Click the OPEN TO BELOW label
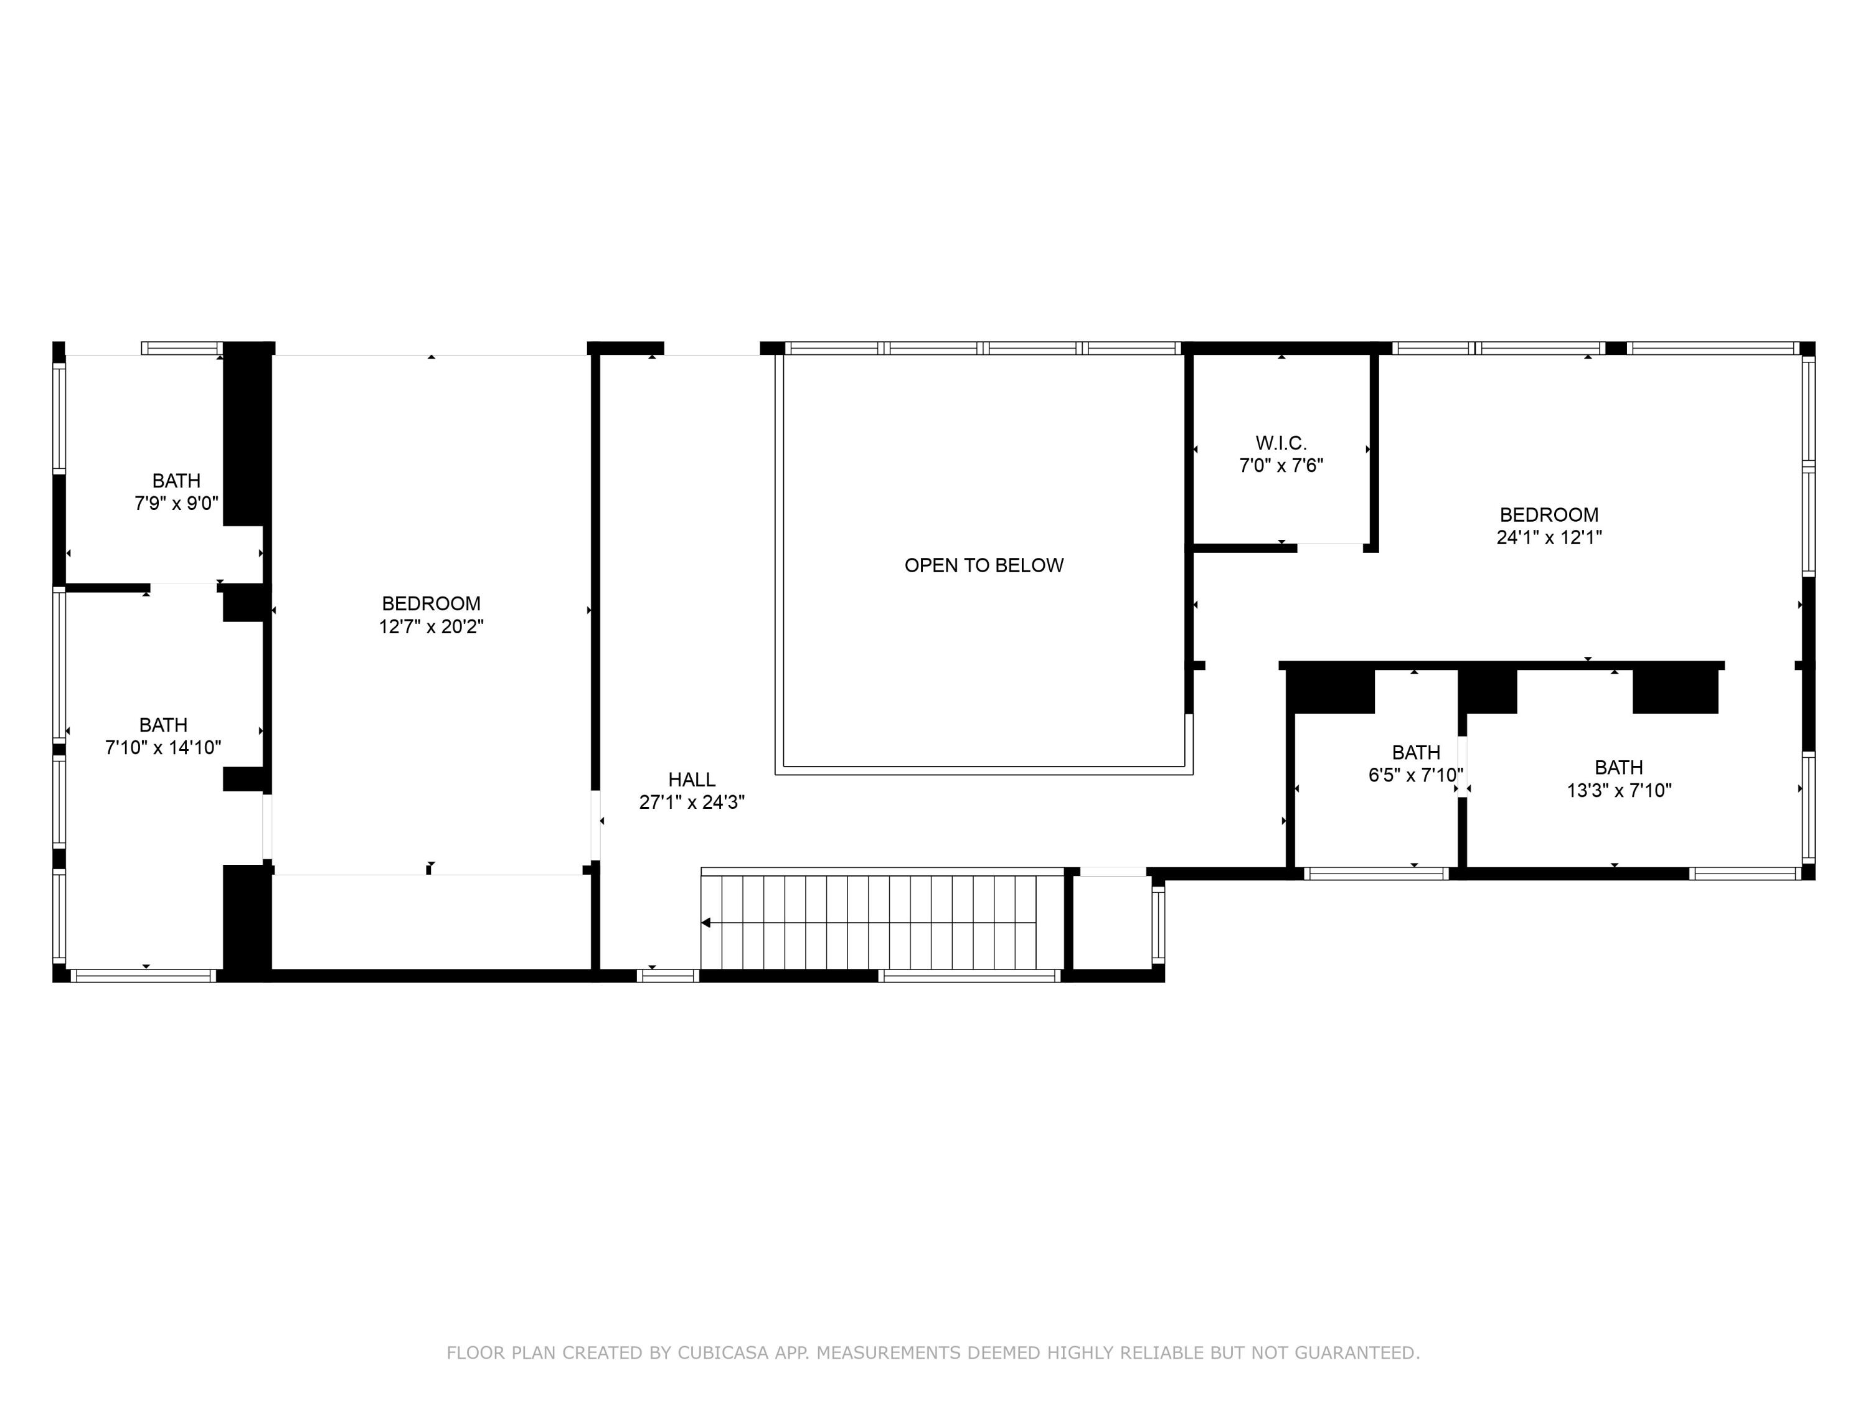click(x=984, y=566)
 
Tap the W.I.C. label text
click(x=1280, y=443)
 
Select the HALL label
click(x=692, y=780)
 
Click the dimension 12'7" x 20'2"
click(x=431, y=626)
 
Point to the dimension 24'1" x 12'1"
click(x=1549, y=538)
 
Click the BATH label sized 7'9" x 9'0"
click(x=176, y=481)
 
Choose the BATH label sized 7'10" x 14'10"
click(x=163, y=725)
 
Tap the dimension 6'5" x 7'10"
click(x=1415, y=775)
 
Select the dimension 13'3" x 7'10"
click(x=1619, y=790)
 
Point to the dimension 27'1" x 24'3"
click(x=692, y=802)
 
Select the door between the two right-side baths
click(x=1462, y=767)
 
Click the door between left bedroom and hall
click(x=595, y=825)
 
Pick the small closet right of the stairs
click(x=1112, y=923)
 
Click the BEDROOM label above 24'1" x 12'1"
click(x=1549, y=515)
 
